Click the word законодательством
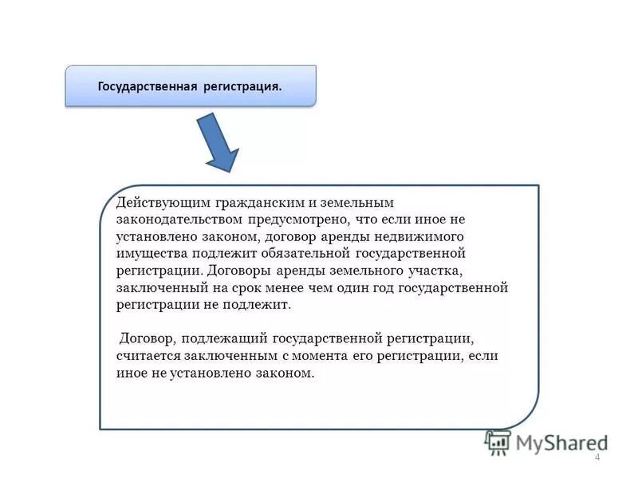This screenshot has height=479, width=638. pyautogui.click(x=178, y=220)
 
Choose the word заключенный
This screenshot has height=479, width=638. pyautogui.click(x=159, y=287)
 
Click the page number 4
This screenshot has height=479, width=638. pyautogui.click(x=597, y=456)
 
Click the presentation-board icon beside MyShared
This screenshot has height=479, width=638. pyautogui.click(x=498, y=441)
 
